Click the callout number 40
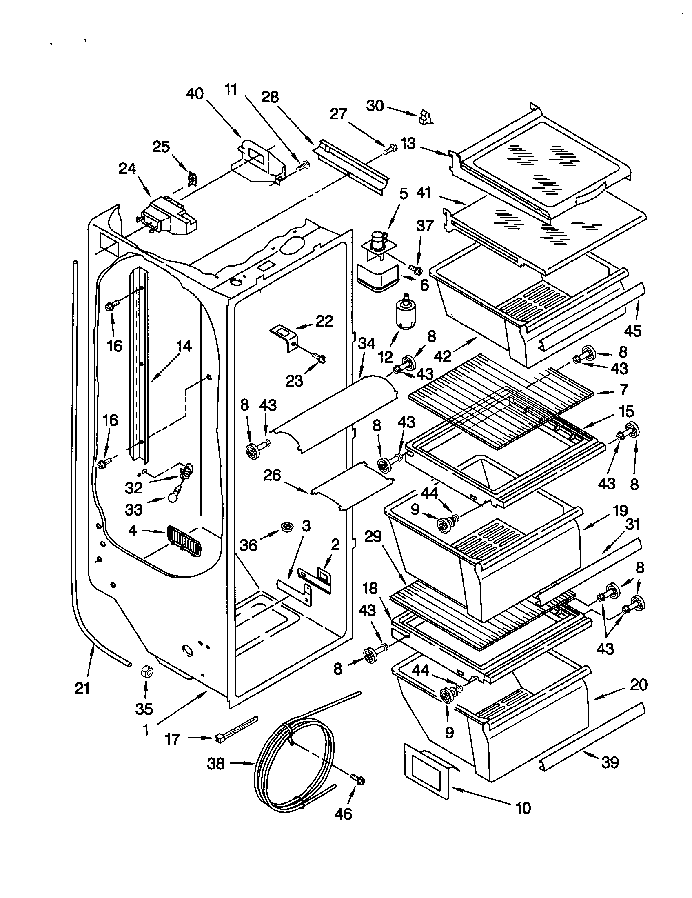point(195,94)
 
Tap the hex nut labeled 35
point(146,672)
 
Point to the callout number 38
point(216,764)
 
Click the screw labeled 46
point(358,779)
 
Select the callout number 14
point(184,346)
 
